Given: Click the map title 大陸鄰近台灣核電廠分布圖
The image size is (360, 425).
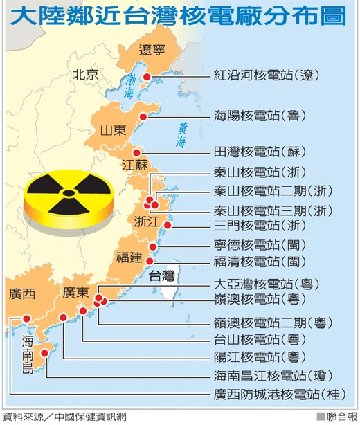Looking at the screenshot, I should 179,17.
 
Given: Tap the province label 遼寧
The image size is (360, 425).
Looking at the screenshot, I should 153,50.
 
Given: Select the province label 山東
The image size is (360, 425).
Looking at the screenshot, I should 113,130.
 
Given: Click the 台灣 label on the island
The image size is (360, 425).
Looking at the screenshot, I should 162,276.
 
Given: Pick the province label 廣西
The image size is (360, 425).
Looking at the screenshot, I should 21,293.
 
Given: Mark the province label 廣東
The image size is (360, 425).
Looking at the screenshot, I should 75,293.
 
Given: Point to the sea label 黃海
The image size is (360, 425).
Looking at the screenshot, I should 181,136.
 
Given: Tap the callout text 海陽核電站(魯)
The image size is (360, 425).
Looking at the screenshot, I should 260,115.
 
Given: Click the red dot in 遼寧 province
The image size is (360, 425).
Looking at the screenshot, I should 146,77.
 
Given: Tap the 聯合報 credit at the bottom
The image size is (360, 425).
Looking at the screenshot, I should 338,417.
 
